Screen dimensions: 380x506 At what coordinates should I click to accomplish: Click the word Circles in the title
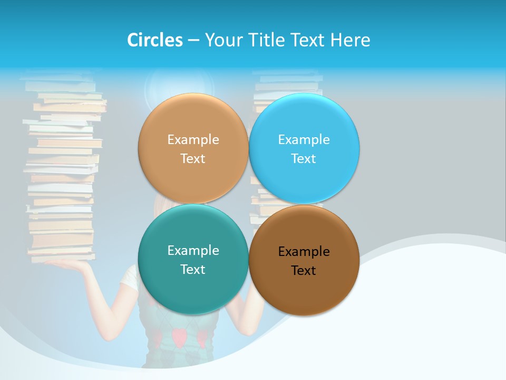pos(154,40)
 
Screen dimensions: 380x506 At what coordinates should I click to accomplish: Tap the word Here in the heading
pos(350,40)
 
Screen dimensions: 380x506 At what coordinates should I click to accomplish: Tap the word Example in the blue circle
pos(304,139)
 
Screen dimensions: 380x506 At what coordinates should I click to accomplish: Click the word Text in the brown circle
pos(304,271)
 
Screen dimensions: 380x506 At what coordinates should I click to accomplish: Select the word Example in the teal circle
pos(193,250)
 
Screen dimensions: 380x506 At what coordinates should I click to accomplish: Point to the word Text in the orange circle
pos(193,158)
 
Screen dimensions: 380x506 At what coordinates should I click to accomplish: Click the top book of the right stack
pos(287,76)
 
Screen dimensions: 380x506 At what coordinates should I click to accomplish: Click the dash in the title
pos(193,41)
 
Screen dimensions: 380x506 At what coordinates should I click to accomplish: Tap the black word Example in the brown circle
pos(304,252)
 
